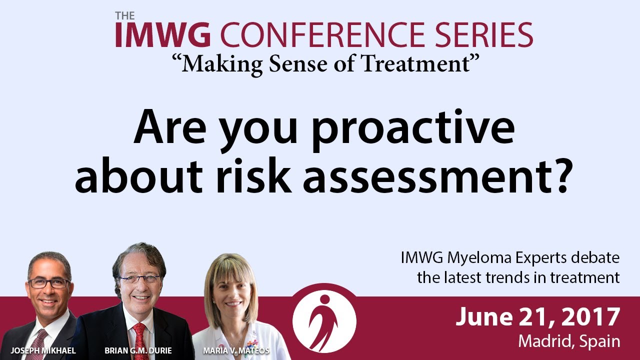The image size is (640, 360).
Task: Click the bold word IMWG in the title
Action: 163,35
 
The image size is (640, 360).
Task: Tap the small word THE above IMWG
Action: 125,15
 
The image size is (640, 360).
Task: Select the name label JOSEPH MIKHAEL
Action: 43,350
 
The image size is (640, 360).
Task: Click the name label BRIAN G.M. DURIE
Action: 138,350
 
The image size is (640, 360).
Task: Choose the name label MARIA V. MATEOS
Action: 236,350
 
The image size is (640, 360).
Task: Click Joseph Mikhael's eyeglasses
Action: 49,283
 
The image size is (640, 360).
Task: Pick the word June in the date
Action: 484,317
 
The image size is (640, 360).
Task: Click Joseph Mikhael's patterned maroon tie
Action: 37,345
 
